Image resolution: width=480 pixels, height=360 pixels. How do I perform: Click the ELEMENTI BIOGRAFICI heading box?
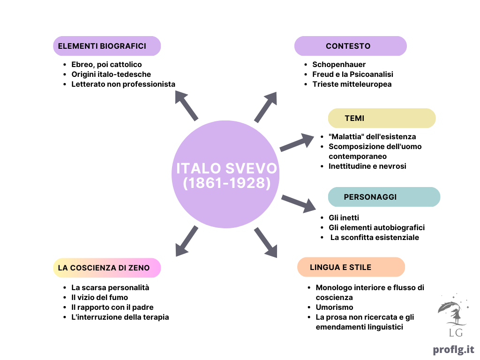coord(107,46)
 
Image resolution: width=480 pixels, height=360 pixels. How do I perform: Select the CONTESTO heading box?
coord(351,46)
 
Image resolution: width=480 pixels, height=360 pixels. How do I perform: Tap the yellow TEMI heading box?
coord(382,118)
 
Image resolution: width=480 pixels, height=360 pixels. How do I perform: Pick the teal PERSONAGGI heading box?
coord(384,197)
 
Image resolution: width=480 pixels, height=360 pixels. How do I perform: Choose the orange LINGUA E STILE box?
coord(351,267)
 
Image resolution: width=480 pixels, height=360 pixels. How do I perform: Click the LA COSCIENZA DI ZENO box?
coord(107,268)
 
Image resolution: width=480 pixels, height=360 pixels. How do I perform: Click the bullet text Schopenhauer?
coord(339,65)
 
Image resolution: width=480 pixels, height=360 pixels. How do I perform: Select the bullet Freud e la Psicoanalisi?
coord(352,75)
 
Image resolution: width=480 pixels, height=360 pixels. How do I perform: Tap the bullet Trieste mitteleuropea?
coord(352,84)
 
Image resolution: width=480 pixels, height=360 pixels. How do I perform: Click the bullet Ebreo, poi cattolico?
coord(106,65)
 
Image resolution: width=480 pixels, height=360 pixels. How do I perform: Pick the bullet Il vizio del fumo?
coord(99,297)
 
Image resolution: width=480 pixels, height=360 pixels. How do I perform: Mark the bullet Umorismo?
coord(334,307)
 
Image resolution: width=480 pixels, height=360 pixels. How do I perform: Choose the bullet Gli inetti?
coord(344,217)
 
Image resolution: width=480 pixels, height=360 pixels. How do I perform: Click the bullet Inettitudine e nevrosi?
coord(367,166)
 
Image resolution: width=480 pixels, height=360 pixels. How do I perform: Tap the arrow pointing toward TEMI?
coord(297,142)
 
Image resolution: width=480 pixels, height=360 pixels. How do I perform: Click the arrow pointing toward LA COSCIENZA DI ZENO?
coord(186,241)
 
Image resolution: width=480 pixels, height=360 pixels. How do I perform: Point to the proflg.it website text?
coord(453,350)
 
